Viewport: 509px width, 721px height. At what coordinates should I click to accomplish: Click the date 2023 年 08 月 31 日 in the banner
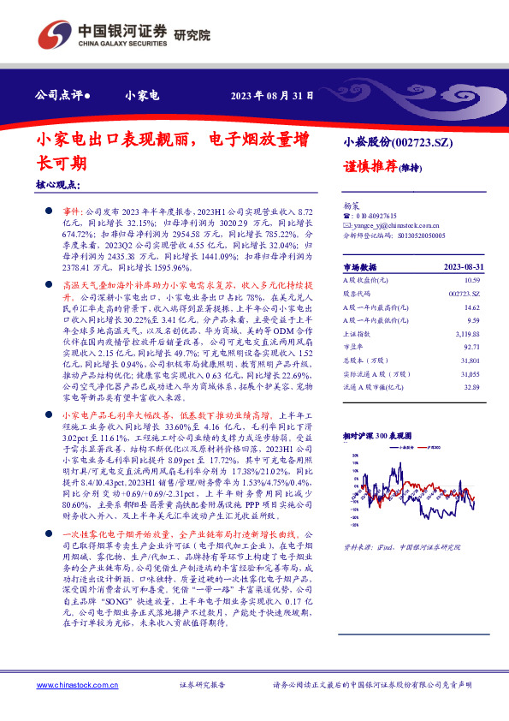[x=266, y=95]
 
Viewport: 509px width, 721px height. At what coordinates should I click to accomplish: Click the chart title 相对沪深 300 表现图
[x=381, y=435]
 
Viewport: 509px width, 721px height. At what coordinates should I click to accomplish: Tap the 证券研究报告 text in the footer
[x=202, y=686]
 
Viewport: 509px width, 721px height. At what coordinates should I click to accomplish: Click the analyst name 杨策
[x=352, y=206]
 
